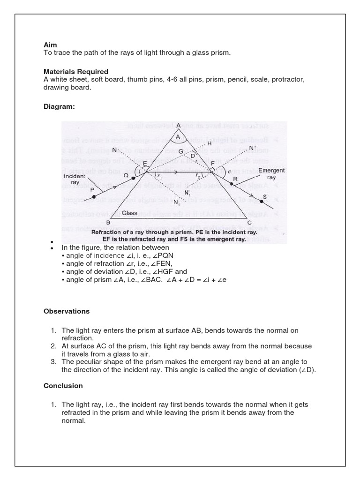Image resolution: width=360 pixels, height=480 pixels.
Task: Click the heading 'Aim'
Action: (x=50, y=45)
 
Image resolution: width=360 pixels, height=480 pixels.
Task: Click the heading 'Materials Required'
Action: (x=76, y=72)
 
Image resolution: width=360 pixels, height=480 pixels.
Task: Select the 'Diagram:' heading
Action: (x=59, y=107)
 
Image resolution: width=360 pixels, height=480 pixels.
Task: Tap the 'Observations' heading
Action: (x=67, y=311)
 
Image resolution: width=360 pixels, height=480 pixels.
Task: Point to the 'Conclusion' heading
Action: (x=63, y=386)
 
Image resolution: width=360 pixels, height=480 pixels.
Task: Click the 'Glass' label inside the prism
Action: (x=129, y=213)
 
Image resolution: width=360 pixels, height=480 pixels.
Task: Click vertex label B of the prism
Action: (x=108, y=223)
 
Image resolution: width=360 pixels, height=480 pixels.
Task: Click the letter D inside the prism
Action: (x=193, y=155)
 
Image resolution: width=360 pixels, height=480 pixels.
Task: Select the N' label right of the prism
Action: (x=253, y=148)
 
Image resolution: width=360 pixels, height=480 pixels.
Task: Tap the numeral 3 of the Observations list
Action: (x=53, y=362)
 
